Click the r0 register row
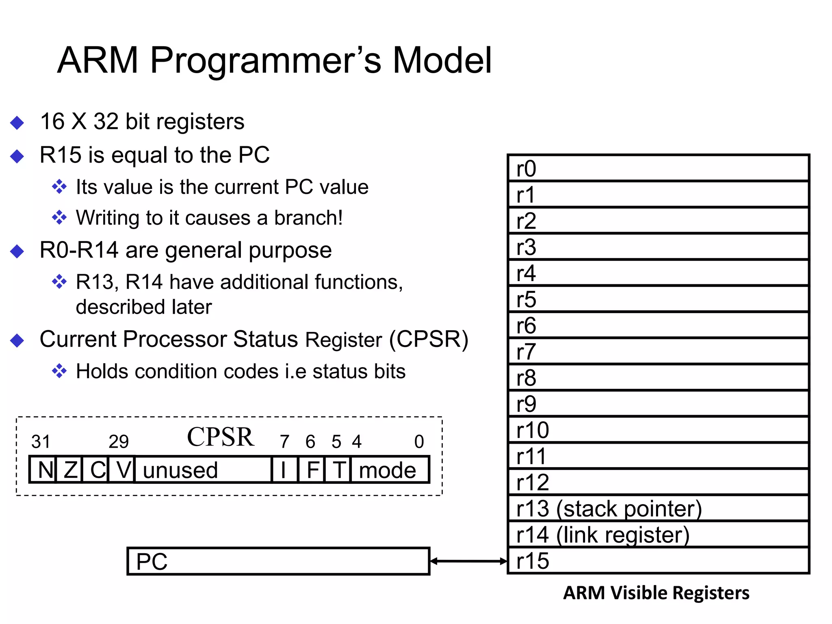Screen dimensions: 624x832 (658, 168)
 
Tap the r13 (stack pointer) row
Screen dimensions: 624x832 (658, 508)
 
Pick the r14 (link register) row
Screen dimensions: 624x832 (658, 534)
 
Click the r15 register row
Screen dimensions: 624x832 (658, 561)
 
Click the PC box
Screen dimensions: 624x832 (278, 561)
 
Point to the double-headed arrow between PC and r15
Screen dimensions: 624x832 (468, 561)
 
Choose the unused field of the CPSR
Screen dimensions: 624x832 (202, 470)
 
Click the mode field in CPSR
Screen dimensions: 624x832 (389, 470)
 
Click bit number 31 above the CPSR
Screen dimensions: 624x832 (41, 442)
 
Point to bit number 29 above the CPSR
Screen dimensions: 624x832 (119, 442)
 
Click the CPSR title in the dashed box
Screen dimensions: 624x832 (220, 437)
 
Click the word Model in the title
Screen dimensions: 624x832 (442, 60)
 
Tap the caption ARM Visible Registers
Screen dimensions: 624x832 (656, 593)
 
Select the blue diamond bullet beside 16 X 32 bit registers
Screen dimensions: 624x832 (17, 122)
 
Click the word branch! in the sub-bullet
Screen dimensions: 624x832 (308, 218)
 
